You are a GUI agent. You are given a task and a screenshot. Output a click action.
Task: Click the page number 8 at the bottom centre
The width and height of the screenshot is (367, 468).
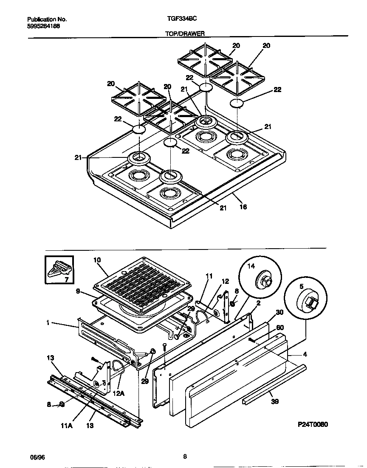185,457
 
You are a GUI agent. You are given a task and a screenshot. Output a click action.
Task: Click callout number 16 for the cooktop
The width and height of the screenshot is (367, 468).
243,207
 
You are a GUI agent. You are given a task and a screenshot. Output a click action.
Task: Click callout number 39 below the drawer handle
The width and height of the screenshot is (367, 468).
275,401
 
